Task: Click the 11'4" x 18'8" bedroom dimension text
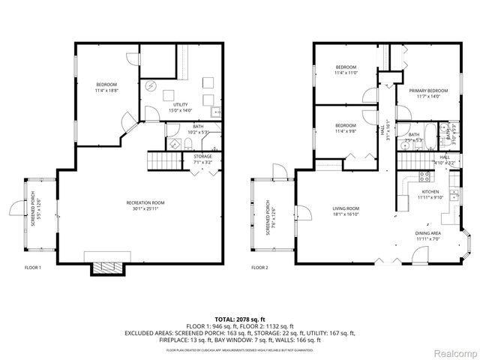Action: [106, 90]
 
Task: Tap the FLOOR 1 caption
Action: [32, 267]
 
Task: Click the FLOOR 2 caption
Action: [259, 267]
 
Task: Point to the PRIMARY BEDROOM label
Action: [423, 90]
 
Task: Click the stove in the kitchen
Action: [424, 177]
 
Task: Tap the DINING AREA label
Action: [428, 233]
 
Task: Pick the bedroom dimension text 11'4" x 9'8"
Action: [345, 130]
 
